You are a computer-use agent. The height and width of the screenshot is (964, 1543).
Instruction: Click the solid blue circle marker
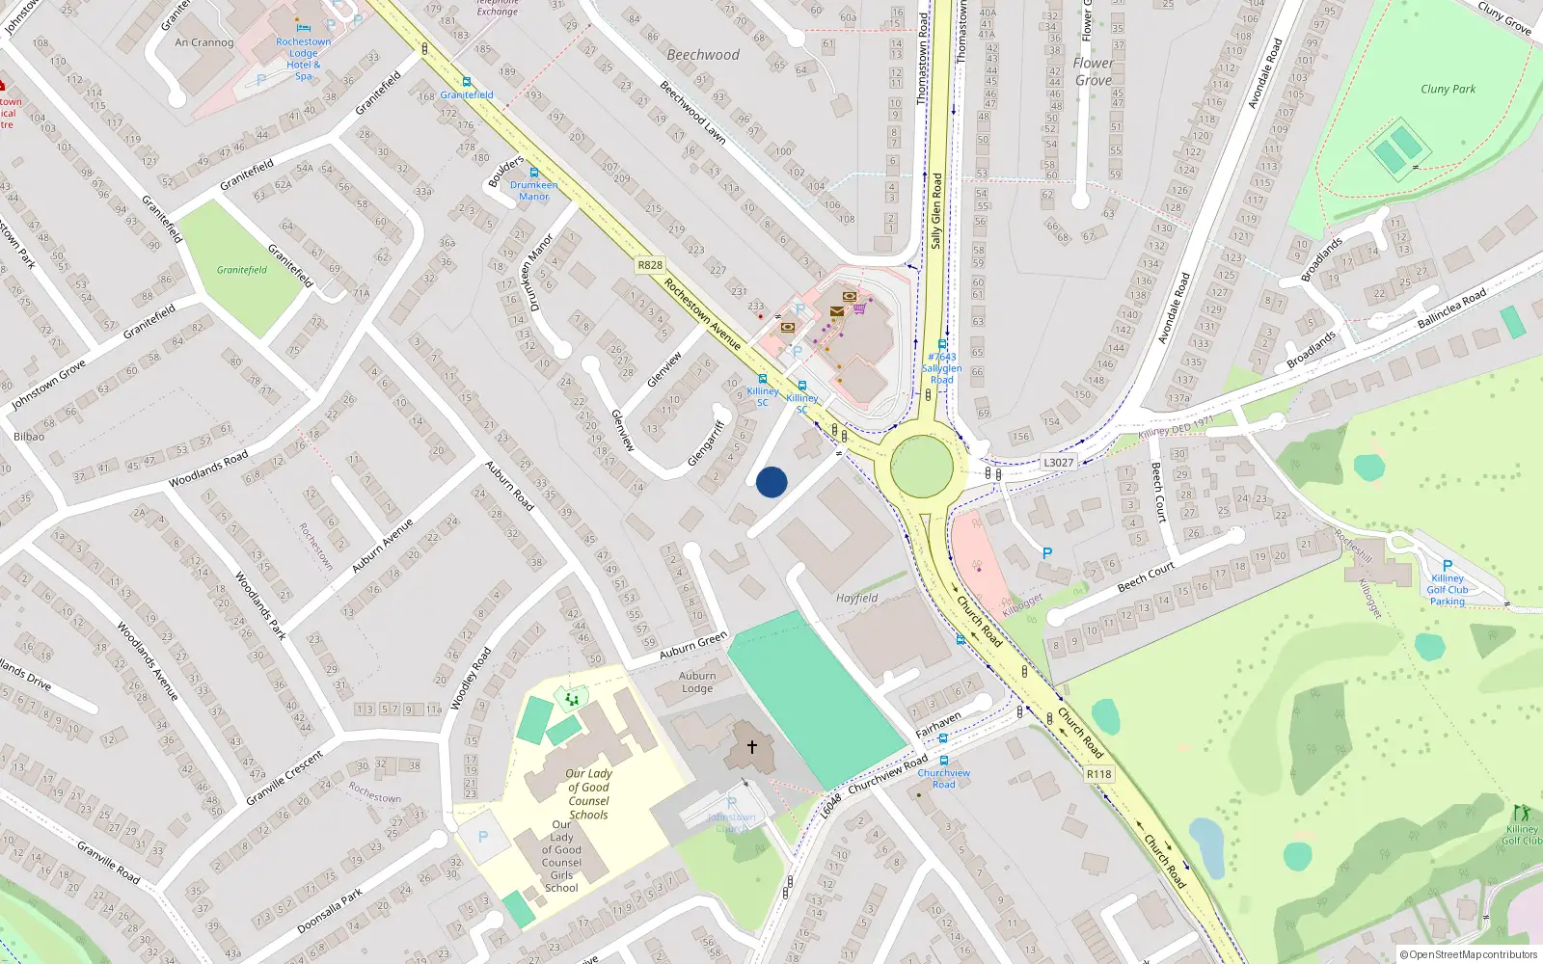[771, 482]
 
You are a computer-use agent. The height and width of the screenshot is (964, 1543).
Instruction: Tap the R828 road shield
[650, 265]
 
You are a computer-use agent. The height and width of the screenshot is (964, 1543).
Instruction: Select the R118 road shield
[1098, 774]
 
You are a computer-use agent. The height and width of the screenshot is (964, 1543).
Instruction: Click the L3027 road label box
[1058, 463]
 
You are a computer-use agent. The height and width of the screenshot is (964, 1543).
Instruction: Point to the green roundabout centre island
[922, 467]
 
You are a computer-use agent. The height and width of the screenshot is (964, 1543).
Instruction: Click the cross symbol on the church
[751, 746]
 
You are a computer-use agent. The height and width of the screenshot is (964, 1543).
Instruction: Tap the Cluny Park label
[1448, 89]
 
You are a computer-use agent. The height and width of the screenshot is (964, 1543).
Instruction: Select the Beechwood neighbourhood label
[703, 55]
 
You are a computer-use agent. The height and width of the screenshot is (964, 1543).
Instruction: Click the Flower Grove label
[1093, 71]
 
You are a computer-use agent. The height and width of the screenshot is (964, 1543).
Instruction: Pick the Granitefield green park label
[241, 270]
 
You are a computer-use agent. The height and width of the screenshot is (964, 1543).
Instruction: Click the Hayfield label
[856, 599]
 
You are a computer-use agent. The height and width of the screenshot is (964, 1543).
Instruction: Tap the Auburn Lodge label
[697, 682]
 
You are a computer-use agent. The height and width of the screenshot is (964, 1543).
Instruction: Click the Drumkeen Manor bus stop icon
[534, 173]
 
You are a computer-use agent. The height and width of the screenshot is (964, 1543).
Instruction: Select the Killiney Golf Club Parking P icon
[1447, 566]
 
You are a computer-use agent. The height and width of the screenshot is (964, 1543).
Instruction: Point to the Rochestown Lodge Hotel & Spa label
[303, 59]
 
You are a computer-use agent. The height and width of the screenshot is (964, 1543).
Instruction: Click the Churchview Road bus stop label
[943, 778]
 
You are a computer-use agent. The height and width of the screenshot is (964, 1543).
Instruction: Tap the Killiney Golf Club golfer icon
[1522, 813]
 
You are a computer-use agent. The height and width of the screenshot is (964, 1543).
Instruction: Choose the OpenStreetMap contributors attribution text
[1469, 954]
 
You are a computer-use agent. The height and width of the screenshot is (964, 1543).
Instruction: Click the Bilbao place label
[29, 437]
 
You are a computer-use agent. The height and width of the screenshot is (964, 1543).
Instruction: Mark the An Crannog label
[203, 42]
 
